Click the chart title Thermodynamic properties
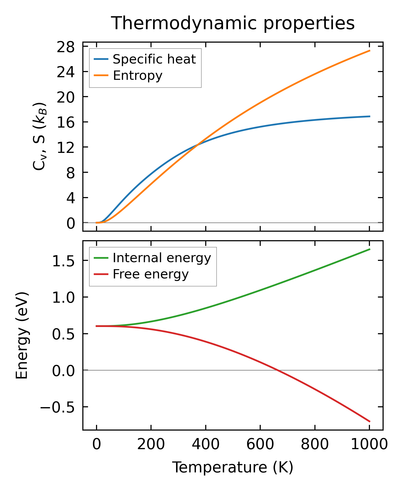pos(233,23)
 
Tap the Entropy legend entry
pos(137,76)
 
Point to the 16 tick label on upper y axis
pos(66,122)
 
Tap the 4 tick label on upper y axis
pos(70,198)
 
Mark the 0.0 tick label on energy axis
pos(63,371)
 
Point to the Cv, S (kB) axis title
pos(39,136)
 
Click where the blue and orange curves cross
pos(197,145)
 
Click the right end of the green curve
pos(370,249)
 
